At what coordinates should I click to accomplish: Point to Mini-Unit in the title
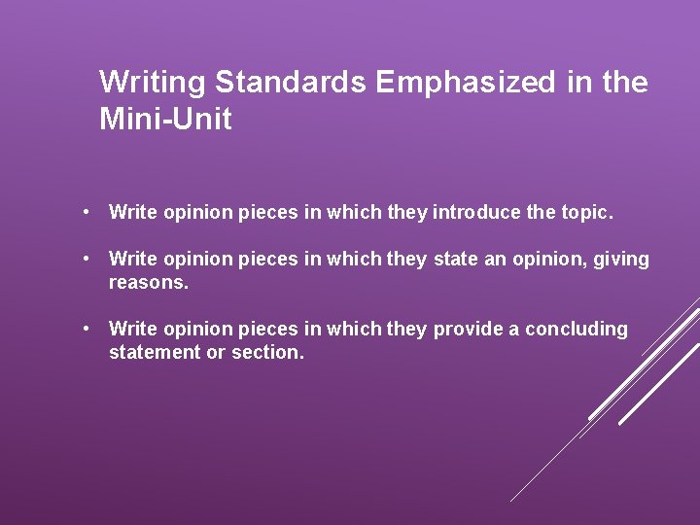click(x=165, y=121)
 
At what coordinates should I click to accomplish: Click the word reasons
click(x=149, y=283)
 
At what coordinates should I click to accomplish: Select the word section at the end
click(x=267, y=353)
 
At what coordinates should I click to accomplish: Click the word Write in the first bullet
click(x=132, y=213)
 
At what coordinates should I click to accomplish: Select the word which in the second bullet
click(x=354, y=260)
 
